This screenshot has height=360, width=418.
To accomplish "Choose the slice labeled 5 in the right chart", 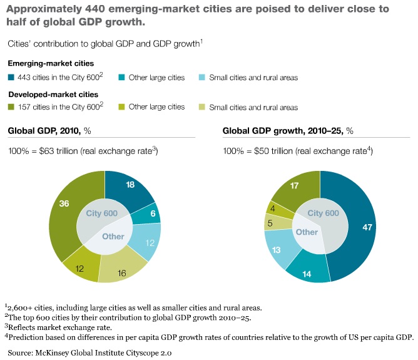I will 270,222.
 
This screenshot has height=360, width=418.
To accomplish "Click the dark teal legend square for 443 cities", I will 11,78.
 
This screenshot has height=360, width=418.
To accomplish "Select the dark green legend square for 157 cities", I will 11,107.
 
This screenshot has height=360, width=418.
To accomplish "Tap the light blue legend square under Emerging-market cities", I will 203,78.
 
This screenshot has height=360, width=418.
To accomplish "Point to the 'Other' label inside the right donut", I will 307,232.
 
